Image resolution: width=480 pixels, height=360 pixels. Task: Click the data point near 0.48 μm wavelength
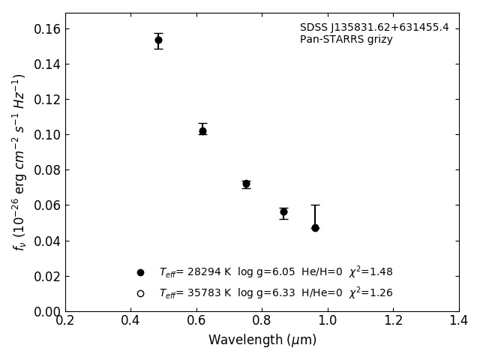(x=158, y=40)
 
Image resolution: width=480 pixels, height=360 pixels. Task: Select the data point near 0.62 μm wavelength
(x=202, y=130)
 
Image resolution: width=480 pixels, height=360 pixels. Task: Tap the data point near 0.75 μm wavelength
(x=246, y=184)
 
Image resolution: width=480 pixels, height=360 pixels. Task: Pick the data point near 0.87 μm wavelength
(x=283, y=211)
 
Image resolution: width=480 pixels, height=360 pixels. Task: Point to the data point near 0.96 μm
(x=315, y=227)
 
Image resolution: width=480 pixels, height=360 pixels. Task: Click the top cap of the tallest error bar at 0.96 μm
(x=315, y=205)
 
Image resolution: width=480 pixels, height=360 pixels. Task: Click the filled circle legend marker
(x=140, y=272)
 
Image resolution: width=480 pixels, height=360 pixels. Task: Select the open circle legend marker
(x=140, y=293)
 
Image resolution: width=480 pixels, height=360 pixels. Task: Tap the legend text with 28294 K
(x=275, y=272)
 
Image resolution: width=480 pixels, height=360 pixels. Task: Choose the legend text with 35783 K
(x=275, y=293)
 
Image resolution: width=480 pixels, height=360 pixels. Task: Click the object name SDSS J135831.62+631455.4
(x=374, y=28)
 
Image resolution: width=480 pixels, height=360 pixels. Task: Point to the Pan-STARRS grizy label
(x=346, y=40)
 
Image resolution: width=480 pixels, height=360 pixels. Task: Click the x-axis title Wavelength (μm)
(x=262, y=340)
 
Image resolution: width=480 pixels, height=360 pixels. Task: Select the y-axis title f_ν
(x=19, y=161)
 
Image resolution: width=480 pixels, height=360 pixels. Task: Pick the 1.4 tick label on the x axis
(x=459, y=321)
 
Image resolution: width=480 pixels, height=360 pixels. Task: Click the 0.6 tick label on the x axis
(x=196, y=321)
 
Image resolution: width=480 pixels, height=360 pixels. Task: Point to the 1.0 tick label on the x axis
(x=328, y=321)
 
